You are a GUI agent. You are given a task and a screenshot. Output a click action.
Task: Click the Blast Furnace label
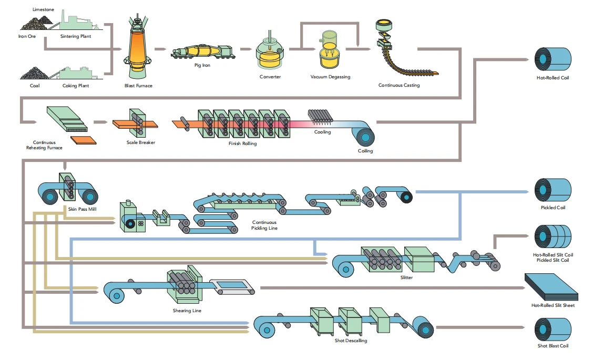(x=138, y=86)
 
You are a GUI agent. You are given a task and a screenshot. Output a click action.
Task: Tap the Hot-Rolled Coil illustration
(x=553, y=59)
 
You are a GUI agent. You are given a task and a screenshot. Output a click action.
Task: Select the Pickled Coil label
(x=553, y=208)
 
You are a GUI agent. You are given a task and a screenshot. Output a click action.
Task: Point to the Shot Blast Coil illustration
(x=553, y=330)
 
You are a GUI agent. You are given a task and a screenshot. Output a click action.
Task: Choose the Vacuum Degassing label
(x=330, y=77)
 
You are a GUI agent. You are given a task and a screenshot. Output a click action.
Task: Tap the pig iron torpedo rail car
(x=203, y=52)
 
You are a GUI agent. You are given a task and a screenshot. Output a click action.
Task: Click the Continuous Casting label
(x=399, y=85)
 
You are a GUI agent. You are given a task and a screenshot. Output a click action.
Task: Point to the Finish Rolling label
(x=242, y=143)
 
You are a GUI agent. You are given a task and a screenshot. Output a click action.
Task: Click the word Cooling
(x=322, y=132)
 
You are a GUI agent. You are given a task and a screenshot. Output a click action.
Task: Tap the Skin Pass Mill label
(x=82, y=209)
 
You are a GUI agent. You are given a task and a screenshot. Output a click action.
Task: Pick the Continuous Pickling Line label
(x=264, y=225)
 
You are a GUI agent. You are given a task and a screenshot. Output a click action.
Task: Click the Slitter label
(x=406, y=277)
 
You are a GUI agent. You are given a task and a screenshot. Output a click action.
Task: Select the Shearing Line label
(x=187, y=311)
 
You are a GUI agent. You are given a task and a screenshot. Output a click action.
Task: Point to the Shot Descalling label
(x=351, y=341)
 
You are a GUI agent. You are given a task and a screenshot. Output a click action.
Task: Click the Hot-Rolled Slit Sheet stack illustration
(x=551, y=287)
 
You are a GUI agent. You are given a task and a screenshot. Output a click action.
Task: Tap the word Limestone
(x=43, y=9)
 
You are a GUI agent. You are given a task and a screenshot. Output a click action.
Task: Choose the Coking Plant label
(x=76, y=86)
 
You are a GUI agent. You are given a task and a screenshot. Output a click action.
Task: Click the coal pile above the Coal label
(x=34, y=73)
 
